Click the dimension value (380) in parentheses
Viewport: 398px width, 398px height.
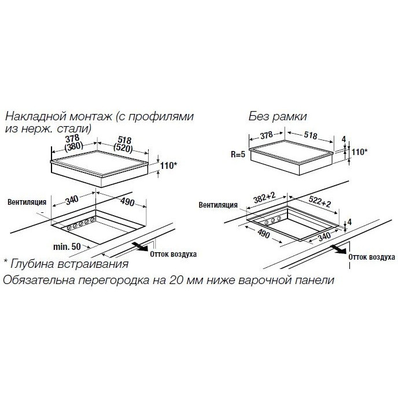point(74,146)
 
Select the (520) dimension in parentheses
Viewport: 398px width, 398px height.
point(123,148)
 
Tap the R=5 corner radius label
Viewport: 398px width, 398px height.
point(238,154)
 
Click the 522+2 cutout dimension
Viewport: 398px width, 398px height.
point(320,201)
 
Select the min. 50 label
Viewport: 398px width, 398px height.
point(67,246)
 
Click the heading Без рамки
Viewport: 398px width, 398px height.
point(278,116)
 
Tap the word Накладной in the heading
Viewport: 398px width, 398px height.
point(36,116)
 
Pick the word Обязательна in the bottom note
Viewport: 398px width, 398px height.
point(39,280)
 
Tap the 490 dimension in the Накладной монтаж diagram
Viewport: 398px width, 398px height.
point(127,201)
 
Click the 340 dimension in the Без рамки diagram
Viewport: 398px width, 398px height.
point(325,237)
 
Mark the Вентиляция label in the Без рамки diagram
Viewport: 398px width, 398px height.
point(218,205)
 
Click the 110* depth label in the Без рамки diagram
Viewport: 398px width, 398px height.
point(359,152)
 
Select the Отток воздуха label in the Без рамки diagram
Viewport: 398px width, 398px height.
point(371,257)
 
